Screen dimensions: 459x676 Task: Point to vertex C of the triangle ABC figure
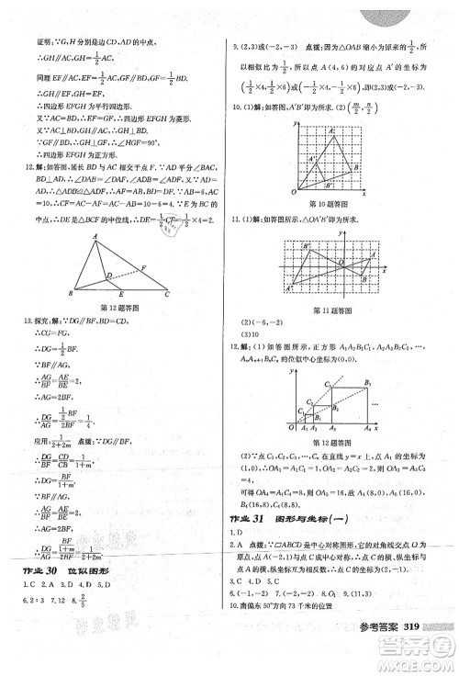(167, 294)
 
